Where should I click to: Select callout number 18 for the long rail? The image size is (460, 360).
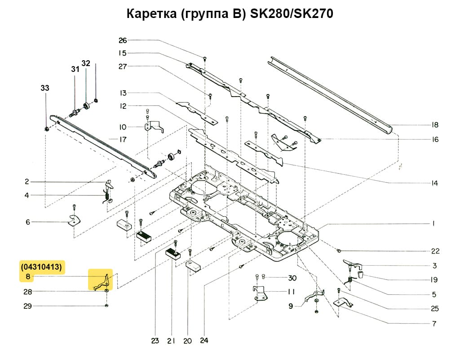[434, 125]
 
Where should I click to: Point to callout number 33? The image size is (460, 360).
[45, 89]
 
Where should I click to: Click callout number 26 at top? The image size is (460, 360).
[123, 40]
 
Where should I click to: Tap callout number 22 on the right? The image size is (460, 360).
[435, 251]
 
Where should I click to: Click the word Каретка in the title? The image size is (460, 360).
[152, 14]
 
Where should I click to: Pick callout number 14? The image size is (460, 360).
[434, 183]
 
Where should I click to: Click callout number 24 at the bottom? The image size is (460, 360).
[205, 341]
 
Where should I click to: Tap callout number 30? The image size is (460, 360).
[292, 277]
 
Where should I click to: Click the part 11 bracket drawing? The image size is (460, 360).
[260, 293]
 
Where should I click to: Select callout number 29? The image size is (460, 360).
[27, 306]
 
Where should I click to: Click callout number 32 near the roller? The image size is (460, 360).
[85, 63]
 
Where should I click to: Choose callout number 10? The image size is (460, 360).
[123, 126]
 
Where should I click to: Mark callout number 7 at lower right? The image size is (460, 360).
[434, 324]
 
